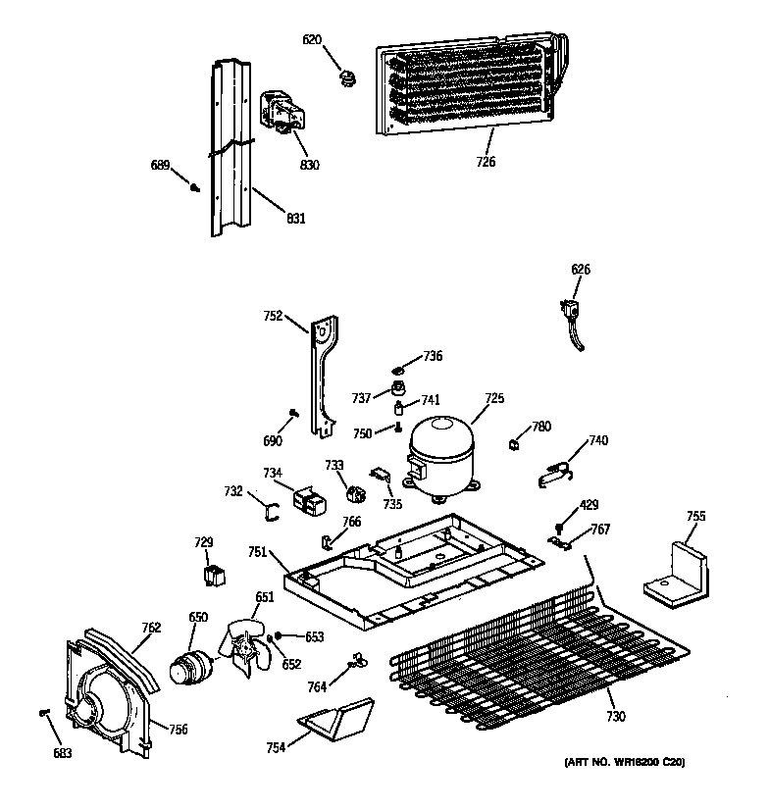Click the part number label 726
(487, 162)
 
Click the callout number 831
(295, 219)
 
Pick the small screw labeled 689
(195, 184)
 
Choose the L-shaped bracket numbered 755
(678, 572)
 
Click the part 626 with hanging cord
(569, 318)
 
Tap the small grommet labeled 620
(344, 75)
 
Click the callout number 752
(273, 316)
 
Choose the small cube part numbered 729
(211, 575)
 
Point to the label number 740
(598, 441)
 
